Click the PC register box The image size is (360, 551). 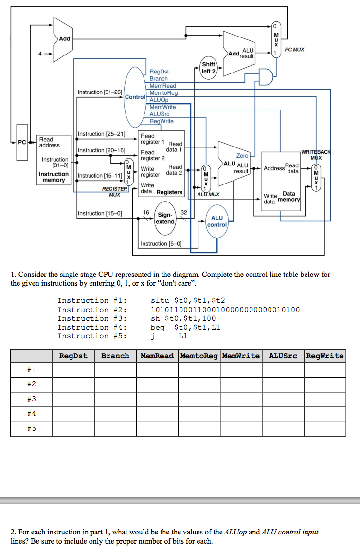tap(22, 142)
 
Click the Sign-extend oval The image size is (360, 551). tap(165, 218)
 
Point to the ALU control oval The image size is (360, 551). tap(217, 221)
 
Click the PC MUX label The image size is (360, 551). tap(294, 49)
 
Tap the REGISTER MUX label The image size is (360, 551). tap(114, 191)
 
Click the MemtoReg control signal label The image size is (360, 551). tap(163, 92)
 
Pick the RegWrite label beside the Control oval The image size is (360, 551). tap(161, 121)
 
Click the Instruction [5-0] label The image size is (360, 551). tap(161, 244)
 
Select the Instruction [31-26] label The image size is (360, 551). tap(100, 92)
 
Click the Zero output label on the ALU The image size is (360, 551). tap(242, 156)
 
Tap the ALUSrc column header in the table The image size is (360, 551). tap(283, 356)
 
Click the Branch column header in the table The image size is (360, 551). tap(115, 356)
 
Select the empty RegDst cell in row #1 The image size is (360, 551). tap(73, 370)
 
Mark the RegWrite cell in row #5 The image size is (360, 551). tap(324, 429)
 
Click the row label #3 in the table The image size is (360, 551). tap(32, 400)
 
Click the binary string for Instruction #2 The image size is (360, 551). tap(226, 310)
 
